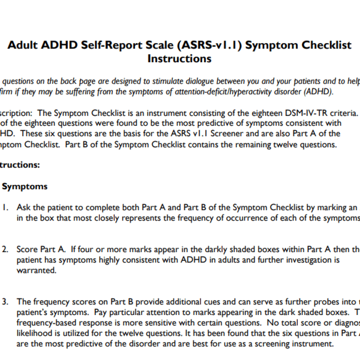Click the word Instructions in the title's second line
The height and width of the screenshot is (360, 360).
pyautogui.click(x=179, y=58)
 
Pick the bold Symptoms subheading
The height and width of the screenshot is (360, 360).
pyautogui.click(x=25, y=186)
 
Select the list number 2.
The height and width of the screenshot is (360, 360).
pyautogui.click(x=5, y=250)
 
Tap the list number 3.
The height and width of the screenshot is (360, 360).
pyautogui.click(x=5, y=302)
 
